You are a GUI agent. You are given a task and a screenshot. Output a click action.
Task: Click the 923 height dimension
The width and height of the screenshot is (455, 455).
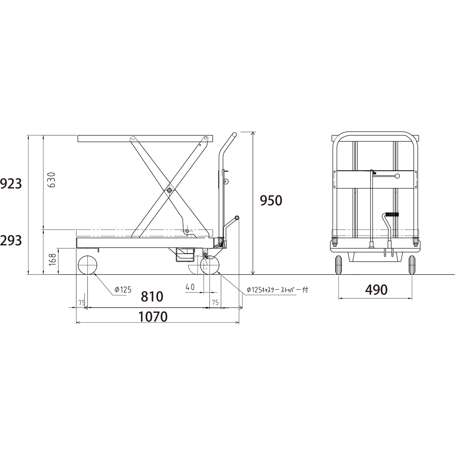point(11,184)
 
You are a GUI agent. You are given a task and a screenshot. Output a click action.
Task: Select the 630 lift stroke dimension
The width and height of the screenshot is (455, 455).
point(51,180)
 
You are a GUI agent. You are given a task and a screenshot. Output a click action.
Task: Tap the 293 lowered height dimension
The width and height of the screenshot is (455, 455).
point(11,241)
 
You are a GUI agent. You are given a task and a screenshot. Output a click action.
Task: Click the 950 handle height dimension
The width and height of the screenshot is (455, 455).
point(271,201)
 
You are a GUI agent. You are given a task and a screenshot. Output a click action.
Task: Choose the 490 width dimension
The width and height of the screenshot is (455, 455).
point(377,290)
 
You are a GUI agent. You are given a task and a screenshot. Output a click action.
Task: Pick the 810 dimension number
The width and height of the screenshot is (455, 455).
point(152,297)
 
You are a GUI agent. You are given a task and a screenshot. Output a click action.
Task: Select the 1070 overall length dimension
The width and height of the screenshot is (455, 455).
point(153,317)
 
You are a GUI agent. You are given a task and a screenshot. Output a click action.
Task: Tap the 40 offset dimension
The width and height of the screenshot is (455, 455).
point(190,287)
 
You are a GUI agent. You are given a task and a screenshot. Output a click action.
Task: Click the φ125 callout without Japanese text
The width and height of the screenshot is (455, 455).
point(123,289)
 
